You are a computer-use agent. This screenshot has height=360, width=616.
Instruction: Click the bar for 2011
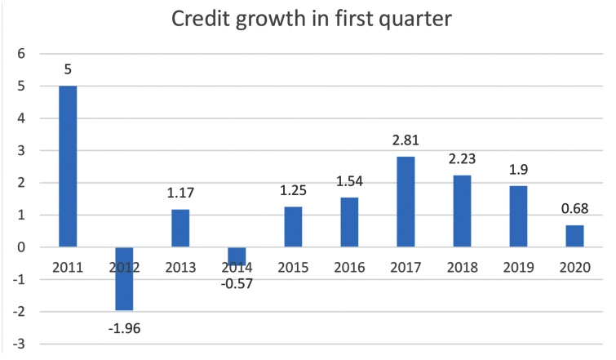click(68, 166)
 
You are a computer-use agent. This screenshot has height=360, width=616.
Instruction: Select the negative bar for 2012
click(124, 278)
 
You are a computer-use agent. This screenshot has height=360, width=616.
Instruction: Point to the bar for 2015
click(294, 227)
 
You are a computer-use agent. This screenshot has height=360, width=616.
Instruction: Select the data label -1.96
click(124, 327)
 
